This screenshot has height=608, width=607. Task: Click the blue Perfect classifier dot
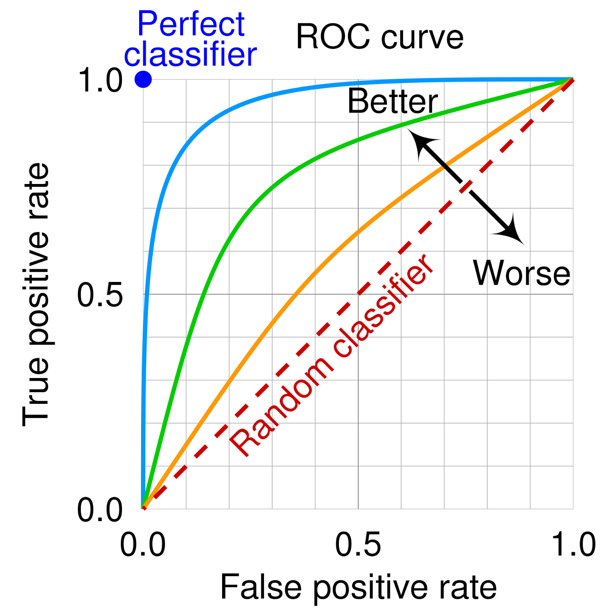click(143, 79)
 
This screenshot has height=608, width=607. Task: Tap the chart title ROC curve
click(379, 38)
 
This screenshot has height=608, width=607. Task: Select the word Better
click(393, 102)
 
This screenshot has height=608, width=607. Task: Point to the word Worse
click(522, 273)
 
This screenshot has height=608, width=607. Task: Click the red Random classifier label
click(332, 357)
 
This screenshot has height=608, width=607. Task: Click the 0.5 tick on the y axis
click(100, 295)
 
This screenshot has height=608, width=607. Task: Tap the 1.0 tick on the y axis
click(100, 80)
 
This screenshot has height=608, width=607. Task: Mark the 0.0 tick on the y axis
click(100, 510)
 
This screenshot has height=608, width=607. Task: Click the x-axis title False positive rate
click(358, 587)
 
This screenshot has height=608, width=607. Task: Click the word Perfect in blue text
click(191, 24)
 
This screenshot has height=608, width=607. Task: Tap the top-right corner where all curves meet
click(572, 79)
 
